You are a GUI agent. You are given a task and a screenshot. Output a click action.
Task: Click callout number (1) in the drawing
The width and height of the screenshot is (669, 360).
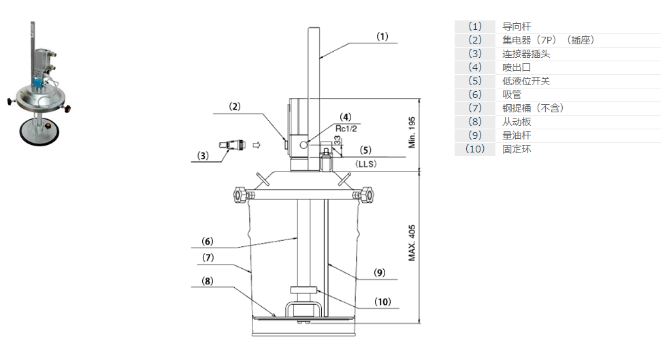click(382, 37)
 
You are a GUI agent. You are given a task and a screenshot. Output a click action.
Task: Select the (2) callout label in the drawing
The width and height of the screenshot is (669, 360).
click(234, 106)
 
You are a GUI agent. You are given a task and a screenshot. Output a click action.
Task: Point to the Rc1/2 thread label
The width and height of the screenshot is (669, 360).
click(347, 127)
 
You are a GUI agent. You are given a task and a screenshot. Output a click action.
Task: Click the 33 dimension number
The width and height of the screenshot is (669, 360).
click(337, 140)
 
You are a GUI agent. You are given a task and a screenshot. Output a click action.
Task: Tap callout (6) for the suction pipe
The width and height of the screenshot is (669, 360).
click(208, 241)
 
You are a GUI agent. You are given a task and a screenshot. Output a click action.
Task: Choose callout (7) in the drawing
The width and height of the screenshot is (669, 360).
click(208, 258)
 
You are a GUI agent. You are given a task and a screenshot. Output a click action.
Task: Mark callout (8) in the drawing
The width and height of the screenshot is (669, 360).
click(208, 280)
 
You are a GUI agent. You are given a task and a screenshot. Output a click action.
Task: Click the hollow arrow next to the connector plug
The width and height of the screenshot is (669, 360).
click(256, 144)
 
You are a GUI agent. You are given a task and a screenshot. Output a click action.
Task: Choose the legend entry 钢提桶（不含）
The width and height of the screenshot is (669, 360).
click(533, 108)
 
